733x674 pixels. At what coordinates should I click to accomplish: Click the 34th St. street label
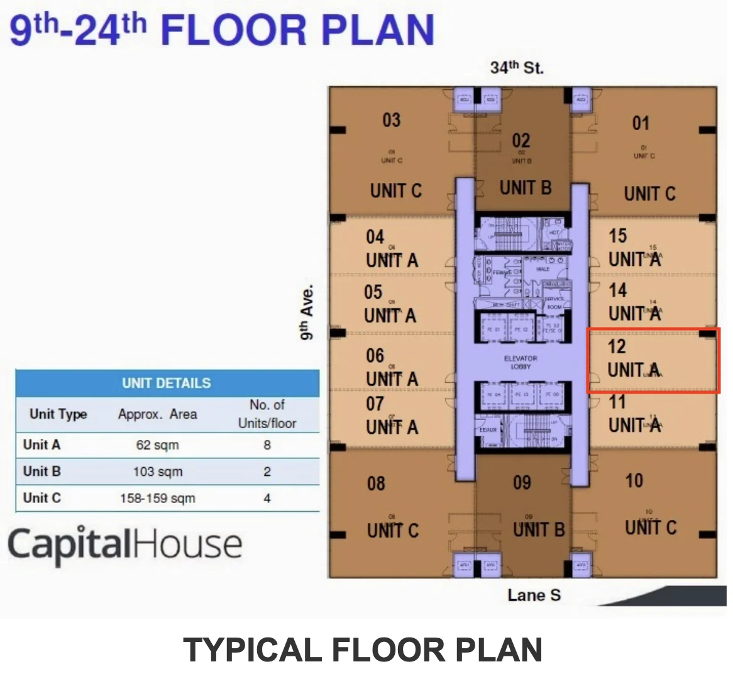tap(516, 67)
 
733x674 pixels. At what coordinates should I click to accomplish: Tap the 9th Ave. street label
tap(306, 312)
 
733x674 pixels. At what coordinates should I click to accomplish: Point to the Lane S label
tap(534, 595)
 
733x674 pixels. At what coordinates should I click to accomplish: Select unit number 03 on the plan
tap(391, 119)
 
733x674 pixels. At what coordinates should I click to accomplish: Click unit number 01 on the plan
tap(641, 123)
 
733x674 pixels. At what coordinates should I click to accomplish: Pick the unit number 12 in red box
tap(617, 346)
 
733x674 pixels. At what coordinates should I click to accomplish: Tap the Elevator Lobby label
tap(521, 362)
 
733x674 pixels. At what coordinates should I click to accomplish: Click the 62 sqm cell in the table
tap(157, 445)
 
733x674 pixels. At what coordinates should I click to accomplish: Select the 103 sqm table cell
tap(157, 472)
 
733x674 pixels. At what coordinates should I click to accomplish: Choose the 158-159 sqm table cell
tap(157, 499)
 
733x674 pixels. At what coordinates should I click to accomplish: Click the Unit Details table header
tap(167, 383)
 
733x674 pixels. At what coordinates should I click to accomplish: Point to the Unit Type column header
tap(58, 414)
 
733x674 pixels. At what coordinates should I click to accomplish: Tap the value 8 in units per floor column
tap(267, 445)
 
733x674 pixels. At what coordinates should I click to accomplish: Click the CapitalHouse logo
tap(124, 544)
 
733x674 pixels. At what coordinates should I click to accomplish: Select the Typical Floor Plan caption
tap(363, 649)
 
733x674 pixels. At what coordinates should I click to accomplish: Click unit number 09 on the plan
tap(522, 483)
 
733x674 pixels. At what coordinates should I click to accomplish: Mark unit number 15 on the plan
tap(617, 236)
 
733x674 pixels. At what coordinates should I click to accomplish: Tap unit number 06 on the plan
tap(375, 356)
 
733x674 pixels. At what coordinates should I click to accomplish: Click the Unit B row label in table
tap(41, 472)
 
